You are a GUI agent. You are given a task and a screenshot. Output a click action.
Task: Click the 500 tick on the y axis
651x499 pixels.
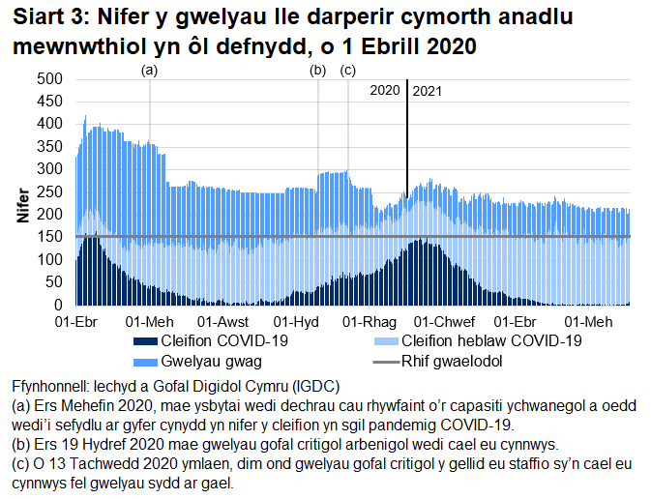coord(49,79)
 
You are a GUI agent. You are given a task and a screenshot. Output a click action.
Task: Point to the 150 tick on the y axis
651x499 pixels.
coord(49,237)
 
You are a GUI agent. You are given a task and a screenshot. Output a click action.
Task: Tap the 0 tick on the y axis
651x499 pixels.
coord(57,305)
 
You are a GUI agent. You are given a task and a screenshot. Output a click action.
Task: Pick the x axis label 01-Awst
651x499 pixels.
coord(222,321)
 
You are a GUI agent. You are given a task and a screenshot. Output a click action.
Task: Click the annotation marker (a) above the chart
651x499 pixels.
coord(150,71)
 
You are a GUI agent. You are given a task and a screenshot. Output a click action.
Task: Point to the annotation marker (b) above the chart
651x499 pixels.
coord(317,71)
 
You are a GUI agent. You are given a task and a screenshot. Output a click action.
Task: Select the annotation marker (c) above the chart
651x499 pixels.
coord(348,71)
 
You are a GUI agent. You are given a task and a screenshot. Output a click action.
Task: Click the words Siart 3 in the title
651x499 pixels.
coord(44,16)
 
